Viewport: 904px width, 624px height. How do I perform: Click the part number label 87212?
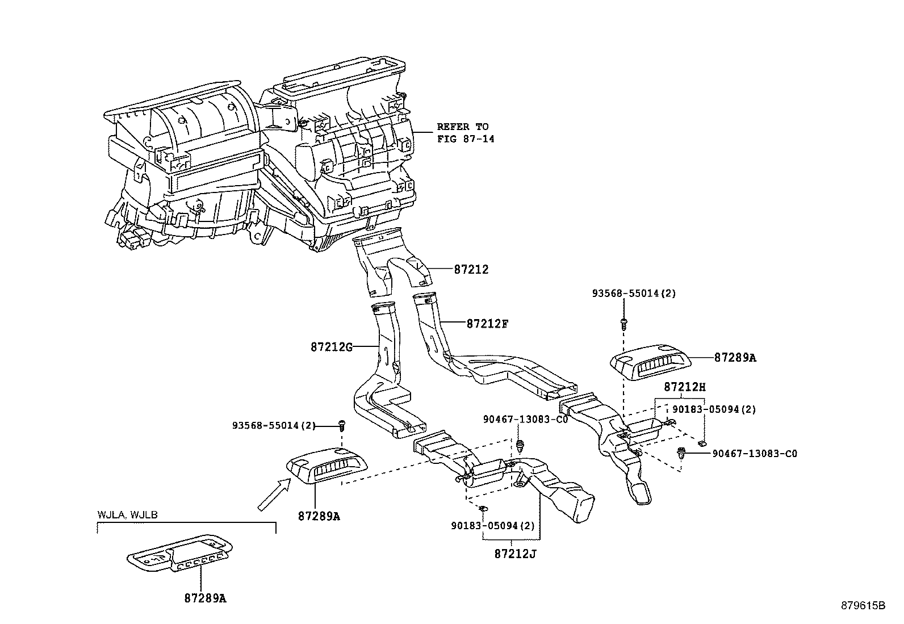tap(471, 270)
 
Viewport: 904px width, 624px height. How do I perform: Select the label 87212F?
tap(487, 324)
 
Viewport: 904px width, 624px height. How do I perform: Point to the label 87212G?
tap(331, 346)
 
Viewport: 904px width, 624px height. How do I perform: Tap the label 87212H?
tap(684, 387)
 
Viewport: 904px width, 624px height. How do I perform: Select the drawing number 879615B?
tap(863, 605)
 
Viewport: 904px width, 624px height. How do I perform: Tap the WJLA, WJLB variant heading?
tap(127, 515)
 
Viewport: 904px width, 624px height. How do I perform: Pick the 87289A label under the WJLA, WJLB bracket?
tap(205, 598)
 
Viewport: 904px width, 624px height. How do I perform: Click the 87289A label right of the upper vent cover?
tap(735, 358)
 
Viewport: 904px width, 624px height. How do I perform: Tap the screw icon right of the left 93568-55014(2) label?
tap(342, 424)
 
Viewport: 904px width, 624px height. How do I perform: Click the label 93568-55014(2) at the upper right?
tap(634, 294)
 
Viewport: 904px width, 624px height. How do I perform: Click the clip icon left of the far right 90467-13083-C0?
tap(682, 453)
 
